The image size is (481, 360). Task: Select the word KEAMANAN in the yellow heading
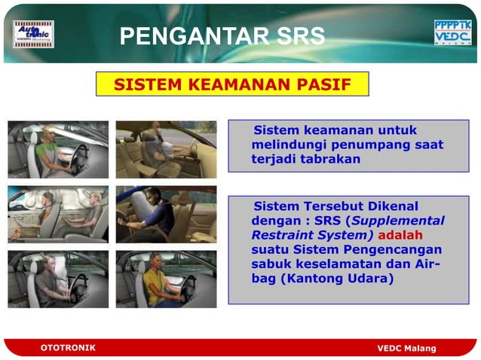tap(233, 84)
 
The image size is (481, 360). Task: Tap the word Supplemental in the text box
tap(400, 221)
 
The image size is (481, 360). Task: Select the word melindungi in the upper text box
tap(285, 145)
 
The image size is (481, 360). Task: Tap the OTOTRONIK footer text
tap(68, 347)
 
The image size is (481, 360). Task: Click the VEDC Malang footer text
tap(406, 348)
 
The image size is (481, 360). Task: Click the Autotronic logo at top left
tap(33, 34)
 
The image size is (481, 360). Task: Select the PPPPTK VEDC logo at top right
tap(452, 33)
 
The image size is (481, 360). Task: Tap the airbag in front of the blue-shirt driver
tap(139, 203)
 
